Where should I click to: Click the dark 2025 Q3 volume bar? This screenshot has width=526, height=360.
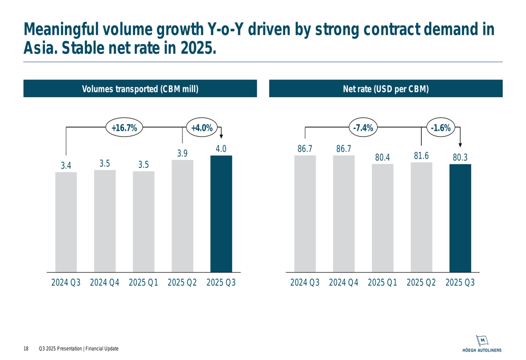(221, 214)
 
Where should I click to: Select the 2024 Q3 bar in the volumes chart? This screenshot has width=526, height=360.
(66, 222)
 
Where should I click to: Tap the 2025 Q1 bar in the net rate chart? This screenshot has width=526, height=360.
(382, 218)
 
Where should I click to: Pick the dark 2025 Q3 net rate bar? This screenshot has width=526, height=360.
(460, 218)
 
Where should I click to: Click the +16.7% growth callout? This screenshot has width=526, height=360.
(125, 128)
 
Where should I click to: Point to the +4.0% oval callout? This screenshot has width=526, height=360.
(201, 128)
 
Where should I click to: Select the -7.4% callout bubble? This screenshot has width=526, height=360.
(363, 128)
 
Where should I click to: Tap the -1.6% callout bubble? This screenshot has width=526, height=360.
(441, 128)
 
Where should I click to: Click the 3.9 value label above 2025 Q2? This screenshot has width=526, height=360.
(182, 153)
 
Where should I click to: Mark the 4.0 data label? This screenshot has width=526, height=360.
(221, 149)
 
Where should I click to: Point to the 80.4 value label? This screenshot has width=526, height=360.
(382, 157)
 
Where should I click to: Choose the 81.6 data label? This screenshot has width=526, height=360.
(421, 156)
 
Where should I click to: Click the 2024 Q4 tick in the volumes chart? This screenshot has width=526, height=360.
(105, 283)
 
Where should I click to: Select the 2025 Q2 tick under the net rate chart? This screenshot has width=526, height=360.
(421, 283)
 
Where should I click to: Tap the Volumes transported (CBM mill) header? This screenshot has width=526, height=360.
(140, 89)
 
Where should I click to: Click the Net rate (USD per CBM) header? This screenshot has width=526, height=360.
(386, 89)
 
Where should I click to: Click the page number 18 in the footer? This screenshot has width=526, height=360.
(26, 349)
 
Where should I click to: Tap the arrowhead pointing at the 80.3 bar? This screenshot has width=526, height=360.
(460, 145)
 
